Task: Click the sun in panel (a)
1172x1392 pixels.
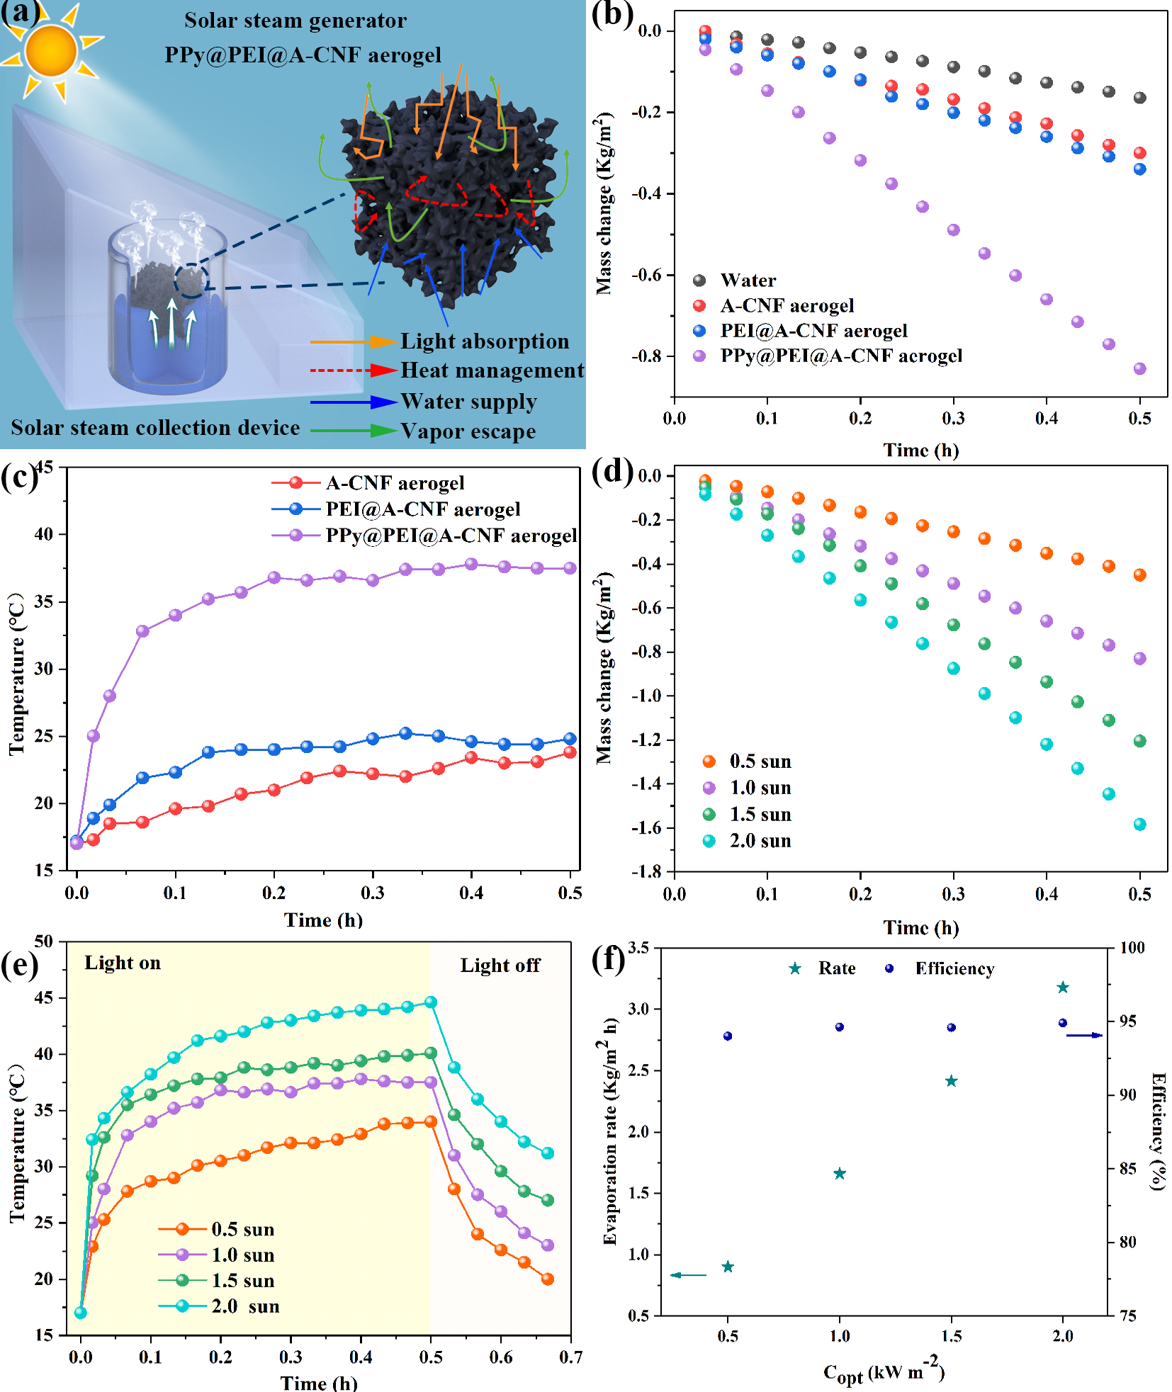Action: pyautogui.click(x=51, y=50)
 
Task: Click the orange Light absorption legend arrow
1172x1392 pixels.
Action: pyautogui.click(x=352, y=342)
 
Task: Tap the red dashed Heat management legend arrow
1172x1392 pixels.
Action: pyautogui.click(x=352, y=370)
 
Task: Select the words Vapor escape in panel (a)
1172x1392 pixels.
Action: pyautogui.click(x=468, y=431)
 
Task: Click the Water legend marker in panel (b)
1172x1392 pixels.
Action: pyautogui.click(x=699, y=281)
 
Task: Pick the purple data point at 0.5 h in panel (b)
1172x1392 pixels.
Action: pyautogui.click(x=1139, y=368)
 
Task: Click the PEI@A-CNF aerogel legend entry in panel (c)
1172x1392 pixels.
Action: pyautogui.click(x=422, y=509)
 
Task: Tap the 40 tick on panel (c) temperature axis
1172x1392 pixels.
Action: pyautogui.click(x=44, y=534)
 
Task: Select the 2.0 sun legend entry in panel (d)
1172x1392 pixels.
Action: pyautogui.click(x=760, y=841)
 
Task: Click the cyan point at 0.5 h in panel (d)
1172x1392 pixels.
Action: pyautogui.click(x=1139, y=824)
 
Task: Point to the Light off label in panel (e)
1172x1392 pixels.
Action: pyautogui.click(x=500, y=966)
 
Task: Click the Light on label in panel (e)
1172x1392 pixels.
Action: pyautogui.click(x=123, y=963)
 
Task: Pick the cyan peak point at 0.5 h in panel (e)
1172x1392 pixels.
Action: pyautogui.click(x=431, y=1002)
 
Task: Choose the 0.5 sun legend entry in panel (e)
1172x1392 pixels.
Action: pyautogui.click(x=242, y=1229)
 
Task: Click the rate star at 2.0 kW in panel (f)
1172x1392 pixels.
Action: pyautogui.click(x=1062, y=988)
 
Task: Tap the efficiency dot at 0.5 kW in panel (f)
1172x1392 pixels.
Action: pyautogui.click(x=728, y=1036)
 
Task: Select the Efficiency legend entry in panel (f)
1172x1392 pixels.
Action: pyautogui.click(x=954, y=968)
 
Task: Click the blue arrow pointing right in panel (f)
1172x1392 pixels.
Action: pyautogui.click(x=1084, y=1035)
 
